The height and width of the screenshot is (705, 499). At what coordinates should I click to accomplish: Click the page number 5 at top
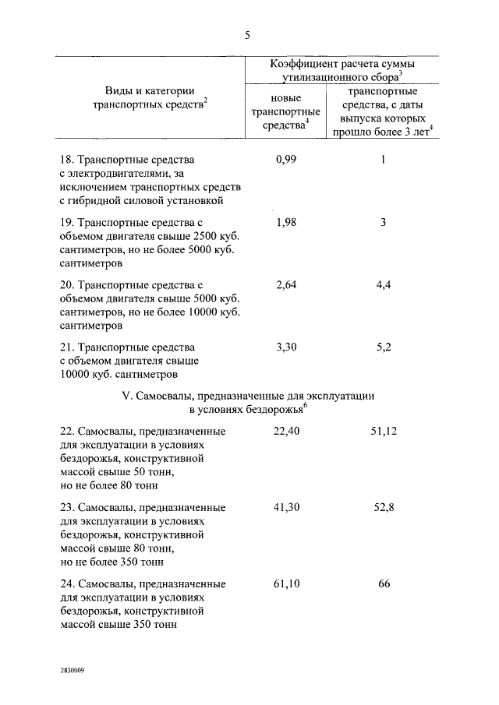pos(247,35)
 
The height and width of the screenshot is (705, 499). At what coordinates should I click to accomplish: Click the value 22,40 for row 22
pos(287,430)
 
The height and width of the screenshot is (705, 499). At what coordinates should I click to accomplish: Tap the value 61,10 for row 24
pos(287,583)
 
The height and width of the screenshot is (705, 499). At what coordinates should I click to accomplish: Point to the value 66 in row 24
pos(383,583)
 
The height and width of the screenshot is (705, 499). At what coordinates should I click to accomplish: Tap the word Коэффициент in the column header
pos(303,62)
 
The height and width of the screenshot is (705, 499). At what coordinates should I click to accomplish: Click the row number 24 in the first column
pos(66,583)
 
